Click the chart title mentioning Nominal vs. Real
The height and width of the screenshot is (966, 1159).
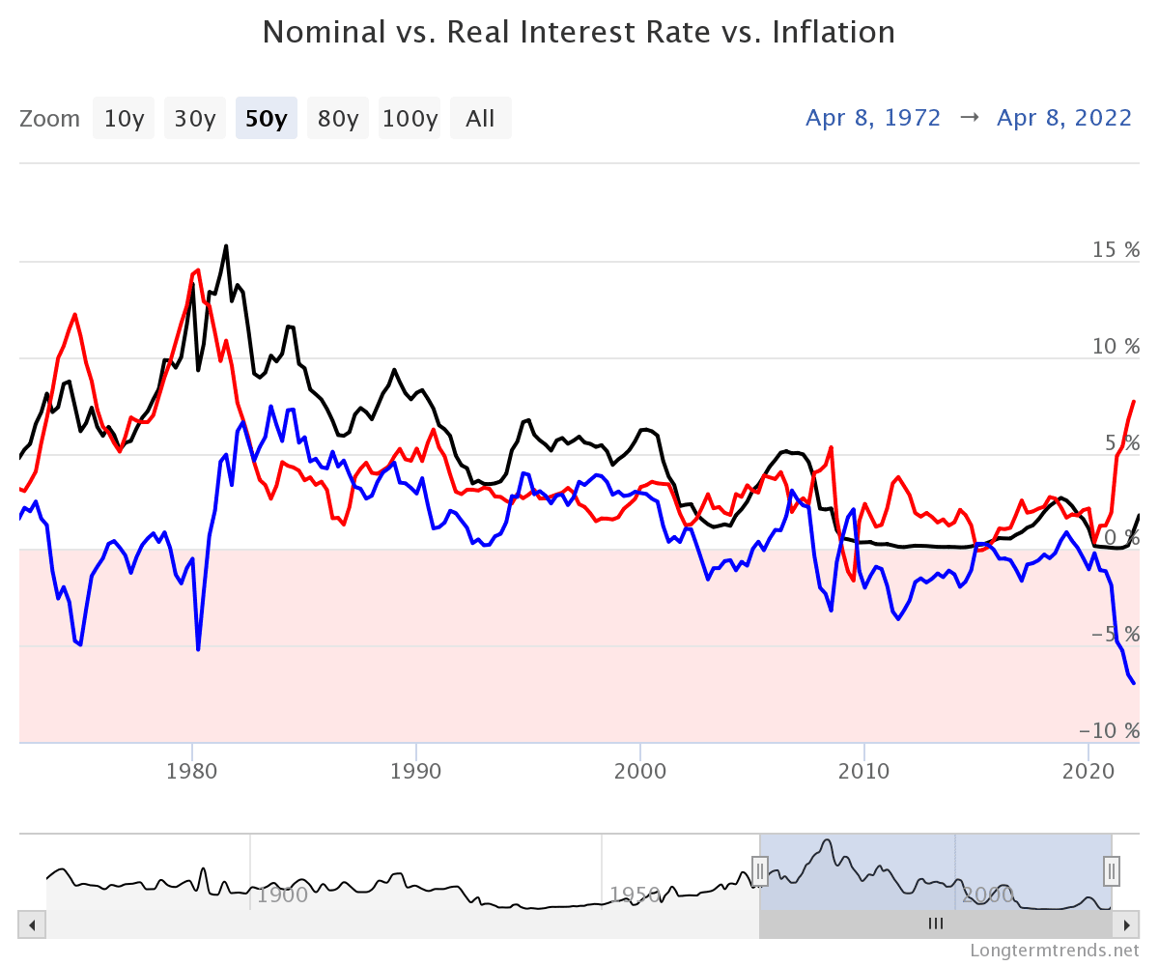(579, 33)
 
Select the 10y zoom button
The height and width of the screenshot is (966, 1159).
(124, 119)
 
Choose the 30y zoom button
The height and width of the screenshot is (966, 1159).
(194, 119)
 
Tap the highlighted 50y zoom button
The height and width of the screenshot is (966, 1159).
(266, 119)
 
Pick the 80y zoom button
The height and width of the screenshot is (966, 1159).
(338, 119)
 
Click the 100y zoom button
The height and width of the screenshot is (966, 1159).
(410, 119)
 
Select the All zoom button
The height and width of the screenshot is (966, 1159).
(480, 119)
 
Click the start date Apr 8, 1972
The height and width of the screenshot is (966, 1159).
(873, 118)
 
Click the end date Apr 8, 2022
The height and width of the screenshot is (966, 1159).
(1064, 118)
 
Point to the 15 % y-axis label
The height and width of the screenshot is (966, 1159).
(1116, 249)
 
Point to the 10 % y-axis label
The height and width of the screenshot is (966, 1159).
(1116, 346)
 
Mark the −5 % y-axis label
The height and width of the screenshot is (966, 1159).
(1116, 635)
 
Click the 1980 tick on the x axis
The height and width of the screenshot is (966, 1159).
(192, 772)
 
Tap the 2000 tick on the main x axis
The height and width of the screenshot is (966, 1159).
(640, 772)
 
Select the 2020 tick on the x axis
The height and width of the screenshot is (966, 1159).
(1088, 772)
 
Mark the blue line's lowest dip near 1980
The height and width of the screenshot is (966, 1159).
(198, 649)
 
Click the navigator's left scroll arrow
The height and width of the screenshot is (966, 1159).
(32, 924)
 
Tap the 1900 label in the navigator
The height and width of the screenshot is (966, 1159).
(282, 895)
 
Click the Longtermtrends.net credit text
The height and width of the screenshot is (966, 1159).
(1055, 951)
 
